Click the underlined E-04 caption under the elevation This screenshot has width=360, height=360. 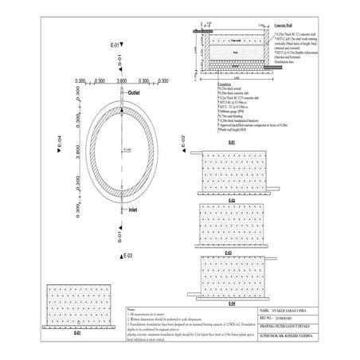[x=232, y=303]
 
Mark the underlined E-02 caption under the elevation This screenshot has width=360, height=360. [x=232, y=199]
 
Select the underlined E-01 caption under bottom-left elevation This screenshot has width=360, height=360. [x=77, y=332]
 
